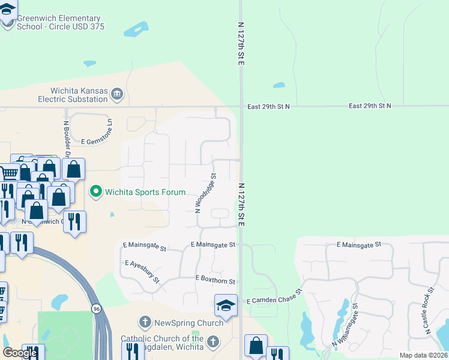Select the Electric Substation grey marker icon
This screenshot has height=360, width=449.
tap(118, 93)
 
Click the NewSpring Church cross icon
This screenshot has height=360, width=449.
tap(145, 323)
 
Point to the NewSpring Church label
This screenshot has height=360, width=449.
tap(188, 323)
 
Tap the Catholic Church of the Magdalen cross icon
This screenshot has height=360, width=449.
tap(212, 342)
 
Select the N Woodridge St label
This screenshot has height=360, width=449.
tap(206, 193)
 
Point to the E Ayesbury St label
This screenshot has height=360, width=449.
tap(142, 272)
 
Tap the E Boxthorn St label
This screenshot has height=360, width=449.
tap(215, 280)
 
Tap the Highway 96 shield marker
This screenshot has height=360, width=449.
tap(96, 308)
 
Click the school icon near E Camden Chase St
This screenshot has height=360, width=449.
tap(226, 305)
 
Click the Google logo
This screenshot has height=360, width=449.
tap(20, 353)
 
